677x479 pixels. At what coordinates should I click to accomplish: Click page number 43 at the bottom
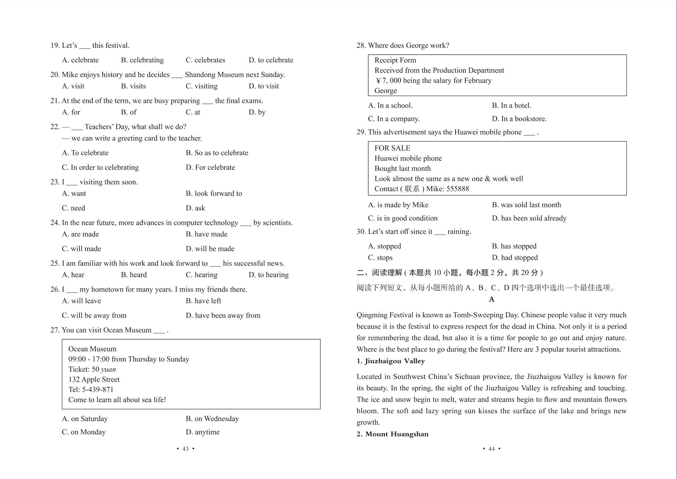tap(186, 449)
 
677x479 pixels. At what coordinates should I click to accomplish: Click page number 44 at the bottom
tap(491, 449)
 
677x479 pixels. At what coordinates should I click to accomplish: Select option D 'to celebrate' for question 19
tap(271, 60)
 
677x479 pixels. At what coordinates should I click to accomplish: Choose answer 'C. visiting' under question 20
tap(201, 86)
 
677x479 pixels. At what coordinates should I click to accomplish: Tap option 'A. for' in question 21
tap(71, 112)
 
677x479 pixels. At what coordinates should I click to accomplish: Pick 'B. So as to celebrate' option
tap(217, 153)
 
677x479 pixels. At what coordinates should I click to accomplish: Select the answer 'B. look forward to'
tap(213, 193)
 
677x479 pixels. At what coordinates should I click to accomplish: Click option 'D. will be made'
tap(210, 249)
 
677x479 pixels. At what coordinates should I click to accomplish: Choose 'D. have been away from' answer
tap(223, 315)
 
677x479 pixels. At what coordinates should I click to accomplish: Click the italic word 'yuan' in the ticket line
tap(108, 369)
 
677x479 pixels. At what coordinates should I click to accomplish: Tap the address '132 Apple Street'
tap(94, 380)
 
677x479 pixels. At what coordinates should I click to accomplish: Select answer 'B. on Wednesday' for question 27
tap(212, 419)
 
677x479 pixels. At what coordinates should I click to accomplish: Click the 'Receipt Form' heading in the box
tap(395, 60)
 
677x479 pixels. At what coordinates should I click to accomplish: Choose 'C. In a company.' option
tap(394, 119)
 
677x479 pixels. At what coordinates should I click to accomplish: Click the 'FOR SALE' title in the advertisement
tap(392, 148)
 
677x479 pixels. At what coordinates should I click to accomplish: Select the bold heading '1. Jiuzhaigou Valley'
tap(390, 361)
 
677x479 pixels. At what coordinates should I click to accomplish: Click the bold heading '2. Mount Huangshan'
tap(392, 434)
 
